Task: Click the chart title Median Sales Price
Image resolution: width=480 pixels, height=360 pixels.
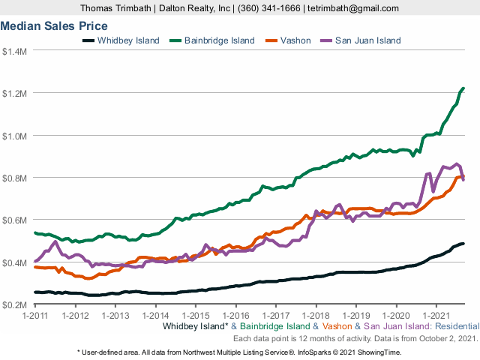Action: pos(54,25)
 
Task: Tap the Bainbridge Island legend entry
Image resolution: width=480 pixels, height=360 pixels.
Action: pos(214,40)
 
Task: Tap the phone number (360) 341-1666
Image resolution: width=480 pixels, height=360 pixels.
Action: pos(269,7)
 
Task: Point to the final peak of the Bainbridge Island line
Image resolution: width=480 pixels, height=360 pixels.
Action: pos(463,88)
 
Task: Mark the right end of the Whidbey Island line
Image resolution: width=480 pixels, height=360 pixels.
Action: pos(463,244)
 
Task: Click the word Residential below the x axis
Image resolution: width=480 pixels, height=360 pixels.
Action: pos(452,327)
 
